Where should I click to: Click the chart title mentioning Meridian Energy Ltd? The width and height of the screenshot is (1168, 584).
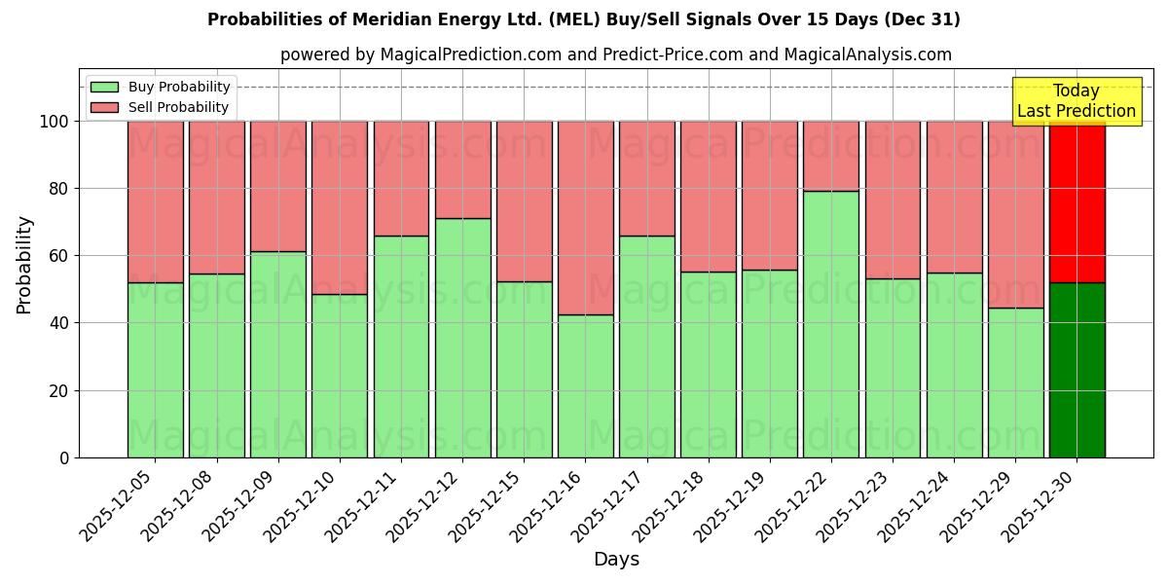point(583,19)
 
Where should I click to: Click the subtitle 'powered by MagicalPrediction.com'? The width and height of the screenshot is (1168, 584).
point(615,55)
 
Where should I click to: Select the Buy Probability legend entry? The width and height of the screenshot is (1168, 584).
point(161,87)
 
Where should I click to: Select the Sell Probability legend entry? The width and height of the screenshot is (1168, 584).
point(161,107)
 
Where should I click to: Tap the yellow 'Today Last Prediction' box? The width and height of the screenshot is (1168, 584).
point(1076,101)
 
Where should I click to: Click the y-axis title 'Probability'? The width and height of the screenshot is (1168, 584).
point(24,265)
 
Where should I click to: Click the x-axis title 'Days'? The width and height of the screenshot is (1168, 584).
point(616,560)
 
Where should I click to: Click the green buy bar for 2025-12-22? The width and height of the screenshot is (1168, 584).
point(831,324)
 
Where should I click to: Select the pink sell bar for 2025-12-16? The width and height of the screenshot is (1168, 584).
point(586,218)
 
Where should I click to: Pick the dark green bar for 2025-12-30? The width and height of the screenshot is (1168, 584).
point(1077,370)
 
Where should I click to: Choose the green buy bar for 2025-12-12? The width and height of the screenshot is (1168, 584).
point(462,338)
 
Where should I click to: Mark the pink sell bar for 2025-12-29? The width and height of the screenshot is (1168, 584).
point(1015,214)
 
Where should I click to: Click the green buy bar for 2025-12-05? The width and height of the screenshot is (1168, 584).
point(156,370)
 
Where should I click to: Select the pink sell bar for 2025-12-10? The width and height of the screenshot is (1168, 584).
point(340,207)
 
